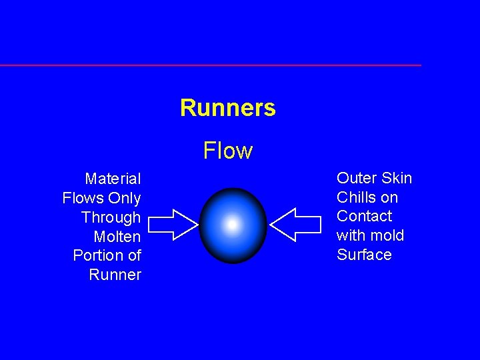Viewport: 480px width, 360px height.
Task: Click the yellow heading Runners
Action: pos(227,108)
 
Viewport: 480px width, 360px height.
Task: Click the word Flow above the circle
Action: pos(228,151)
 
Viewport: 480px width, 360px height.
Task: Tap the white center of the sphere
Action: pos(232,225)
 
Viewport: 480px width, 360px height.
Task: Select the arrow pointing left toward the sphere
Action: pos(294,224)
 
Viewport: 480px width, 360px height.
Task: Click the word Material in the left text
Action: pos(113,179)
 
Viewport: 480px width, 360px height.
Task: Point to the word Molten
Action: pos(117,237)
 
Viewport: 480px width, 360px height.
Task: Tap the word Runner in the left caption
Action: pos(115,275)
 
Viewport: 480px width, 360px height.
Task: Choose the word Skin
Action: pos(397,178)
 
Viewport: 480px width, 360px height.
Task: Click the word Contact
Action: pos(364,216)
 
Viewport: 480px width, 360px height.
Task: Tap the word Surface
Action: pos(364,255)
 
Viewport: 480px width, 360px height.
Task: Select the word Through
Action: pos(111,217)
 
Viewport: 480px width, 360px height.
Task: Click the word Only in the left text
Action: pos(125,198)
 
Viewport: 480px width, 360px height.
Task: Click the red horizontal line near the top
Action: pos(210,65)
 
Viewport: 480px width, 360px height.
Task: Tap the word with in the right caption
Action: pos(351,235)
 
